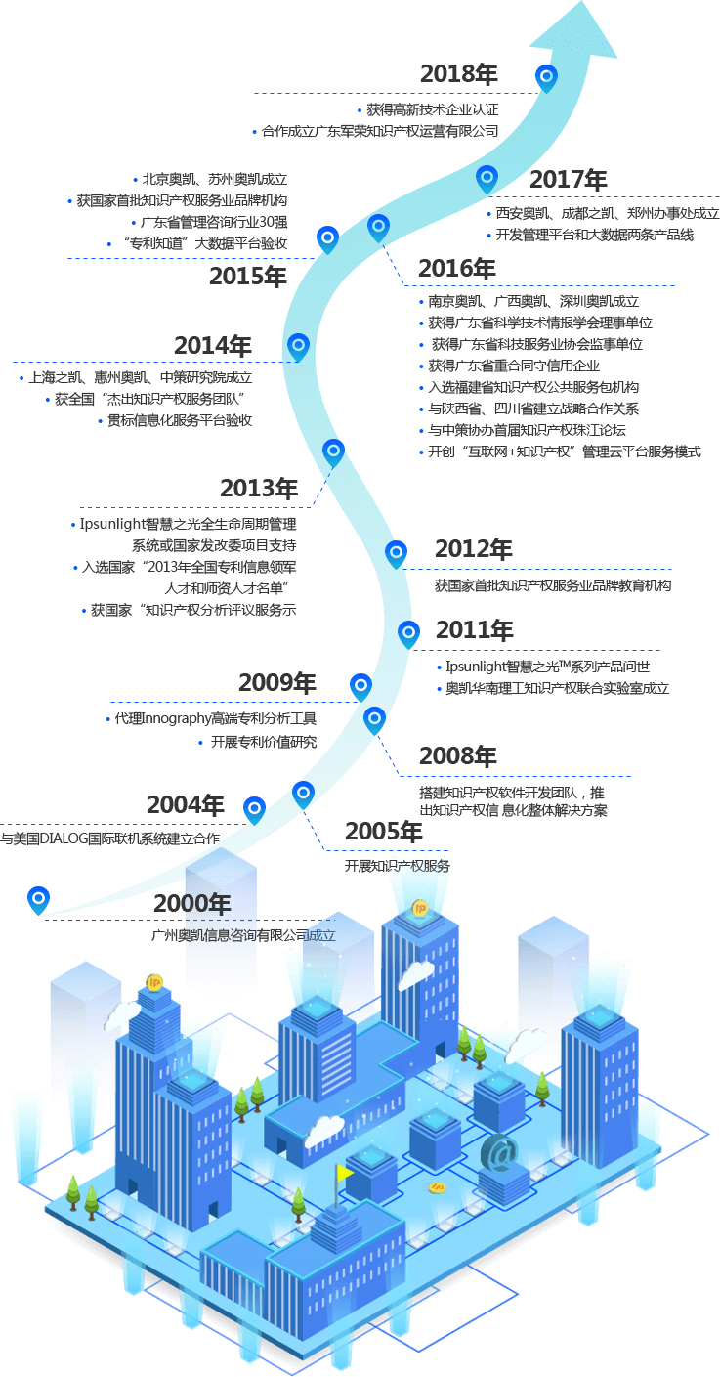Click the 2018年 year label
(x=458, y=74)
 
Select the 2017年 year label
(x=568, y=180)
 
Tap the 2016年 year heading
(x=456, y=269)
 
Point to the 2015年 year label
(x=247, y=277)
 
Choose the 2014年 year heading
(x=212, y=346)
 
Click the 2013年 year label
(x=258, y=489)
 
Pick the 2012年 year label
(x=473, y=549)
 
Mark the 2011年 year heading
(x=474, y=629)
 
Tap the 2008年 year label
(x=457, y=756)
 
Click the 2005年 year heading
(x=383, y=832)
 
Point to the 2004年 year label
(x=185, y=805)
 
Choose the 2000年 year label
(x=191, y=903)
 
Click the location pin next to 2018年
(x=547, y=76)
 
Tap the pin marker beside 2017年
(x=487, y=178)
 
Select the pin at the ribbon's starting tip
(x=38, y=898)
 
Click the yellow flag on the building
(x=344, y=1173)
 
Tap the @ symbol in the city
(x=500, y=1153)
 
